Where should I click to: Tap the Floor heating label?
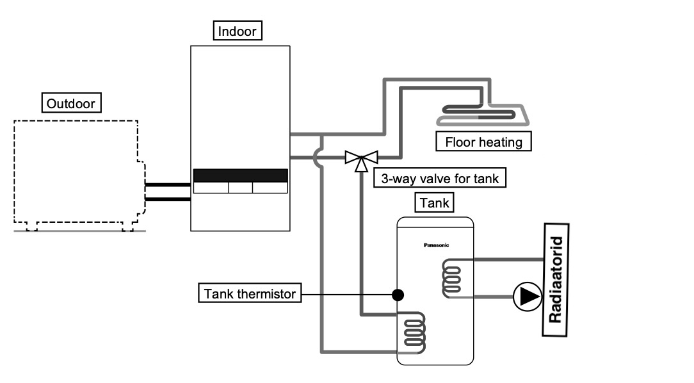(483, 142)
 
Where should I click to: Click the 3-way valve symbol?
(361, 158)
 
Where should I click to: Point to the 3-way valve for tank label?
(439, 179)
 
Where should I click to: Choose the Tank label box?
(435, 203)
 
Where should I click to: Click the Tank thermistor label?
(250, 294)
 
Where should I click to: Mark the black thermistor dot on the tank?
(398, 295)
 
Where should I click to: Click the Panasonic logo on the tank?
(437, 245)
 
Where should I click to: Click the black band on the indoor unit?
(241, 175)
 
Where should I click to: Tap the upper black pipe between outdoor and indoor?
(168, 185)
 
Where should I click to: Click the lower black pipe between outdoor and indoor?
(168, 199)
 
